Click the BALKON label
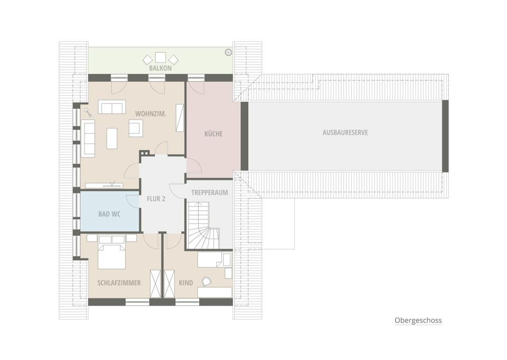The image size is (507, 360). [x=161, y=68]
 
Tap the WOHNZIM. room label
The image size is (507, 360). [x=151, y=114]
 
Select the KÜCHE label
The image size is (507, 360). [x=213, y=134]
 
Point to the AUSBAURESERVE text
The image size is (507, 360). [x=345, y=132]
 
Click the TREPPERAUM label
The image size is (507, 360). [x=210, y=192]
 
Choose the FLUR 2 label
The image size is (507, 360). [x=156, y=199]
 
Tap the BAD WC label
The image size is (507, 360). [x=109, y=214]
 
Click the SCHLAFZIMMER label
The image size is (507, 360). [x=119, y=283]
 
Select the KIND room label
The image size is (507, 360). [x=186, y=283]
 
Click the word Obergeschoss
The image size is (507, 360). [x=418, y=320]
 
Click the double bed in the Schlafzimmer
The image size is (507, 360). [x=111, y=253]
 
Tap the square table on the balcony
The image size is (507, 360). [x=161, y=57]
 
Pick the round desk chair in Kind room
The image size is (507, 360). [x=206, y=281]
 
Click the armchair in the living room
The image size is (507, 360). [x=136, y=128]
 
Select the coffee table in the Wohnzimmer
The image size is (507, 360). [x=112, y=139]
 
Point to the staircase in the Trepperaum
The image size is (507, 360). [x=204, y=226]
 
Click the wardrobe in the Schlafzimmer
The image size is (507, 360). [x=155, y=283]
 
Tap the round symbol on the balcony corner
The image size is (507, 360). [x=229, y=52]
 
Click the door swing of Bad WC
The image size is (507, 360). [x=133, y=201]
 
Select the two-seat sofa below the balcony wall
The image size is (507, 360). [x=112, y=107]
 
